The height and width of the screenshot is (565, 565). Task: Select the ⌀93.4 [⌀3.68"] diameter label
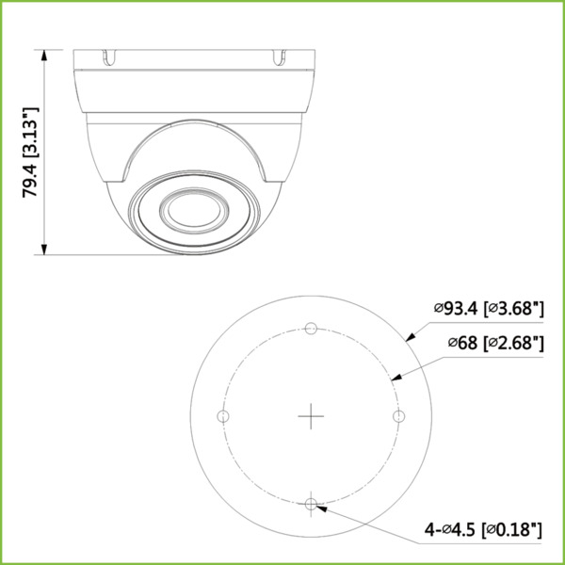(490, 307)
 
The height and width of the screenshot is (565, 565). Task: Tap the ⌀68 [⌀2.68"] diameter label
(495, 342)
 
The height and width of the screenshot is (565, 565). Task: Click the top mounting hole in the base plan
(311, 329)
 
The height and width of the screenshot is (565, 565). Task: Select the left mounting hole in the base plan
(223, 416)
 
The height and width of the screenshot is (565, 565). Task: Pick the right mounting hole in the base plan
(398, 416)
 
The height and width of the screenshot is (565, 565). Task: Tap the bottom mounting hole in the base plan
(311, 504)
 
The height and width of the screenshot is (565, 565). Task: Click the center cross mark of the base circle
(311, 416)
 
